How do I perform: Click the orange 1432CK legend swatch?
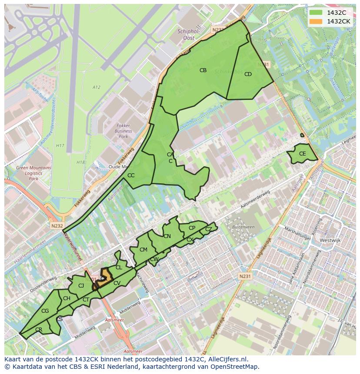(316, 21)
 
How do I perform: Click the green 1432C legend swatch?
(316, 13)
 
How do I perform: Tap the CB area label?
(203, 70)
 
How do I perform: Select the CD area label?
(248, 74)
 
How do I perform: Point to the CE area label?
(303, 154)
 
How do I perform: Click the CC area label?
(131, 175)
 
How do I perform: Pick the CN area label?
(167, 236)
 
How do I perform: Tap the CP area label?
(192, 228)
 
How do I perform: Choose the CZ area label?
(209, 229)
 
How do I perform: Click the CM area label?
(143, 250)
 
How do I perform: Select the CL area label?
(119, 268)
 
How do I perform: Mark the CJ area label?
(81, 285)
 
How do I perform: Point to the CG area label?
(45, 311)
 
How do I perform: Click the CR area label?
(39, 330)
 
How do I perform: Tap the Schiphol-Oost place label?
(189, 34)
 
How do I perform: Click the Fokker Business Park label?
(123, 131)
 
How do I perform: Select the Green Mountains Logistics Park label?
(33, 173)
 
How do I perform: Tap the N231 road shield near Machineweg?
(245, 276)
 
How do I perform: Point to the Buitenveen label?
(243, 227)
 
